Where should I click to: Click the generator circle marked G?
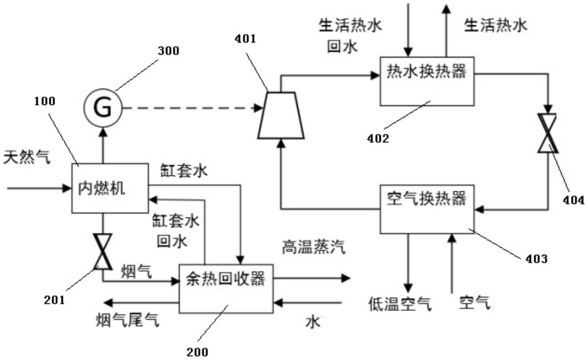tap(103, 108)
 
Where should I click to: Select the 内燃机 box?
tap(110, 188)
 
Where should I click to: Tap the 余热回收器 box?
tap(226, 288)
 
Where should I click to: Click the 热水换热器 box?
tap(427, 81)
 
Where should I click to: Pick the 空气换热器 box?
tap(427, 209)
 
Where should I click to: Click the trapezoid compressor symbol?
tap(281, 115)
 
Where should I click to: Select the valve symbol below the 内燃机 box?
tap(103, 251)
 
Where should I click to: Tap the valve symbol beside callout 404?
tap(547, 133)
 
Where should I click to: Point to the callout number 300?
tap(169, 51)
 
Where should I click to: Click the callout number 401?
tap(245, 38)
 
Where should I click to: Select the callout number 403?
tap(536, 259)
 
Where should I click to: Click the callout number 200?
tap(197, 351)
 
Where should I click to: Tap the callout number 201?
tap(54, 300)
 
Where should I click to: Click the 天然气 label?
tap(27, 157)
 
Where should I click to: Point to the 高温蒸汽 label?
tap(313, 247)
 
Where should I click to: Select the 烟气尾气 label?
tap(128, 319)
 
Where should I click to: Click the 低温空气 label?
tap(400, 304)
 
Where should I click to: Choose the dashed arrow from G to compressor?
tap(192, 108)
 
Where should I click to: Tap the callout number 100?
tap(45, 101)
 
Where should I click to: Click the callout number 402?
tap(378, 138)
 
